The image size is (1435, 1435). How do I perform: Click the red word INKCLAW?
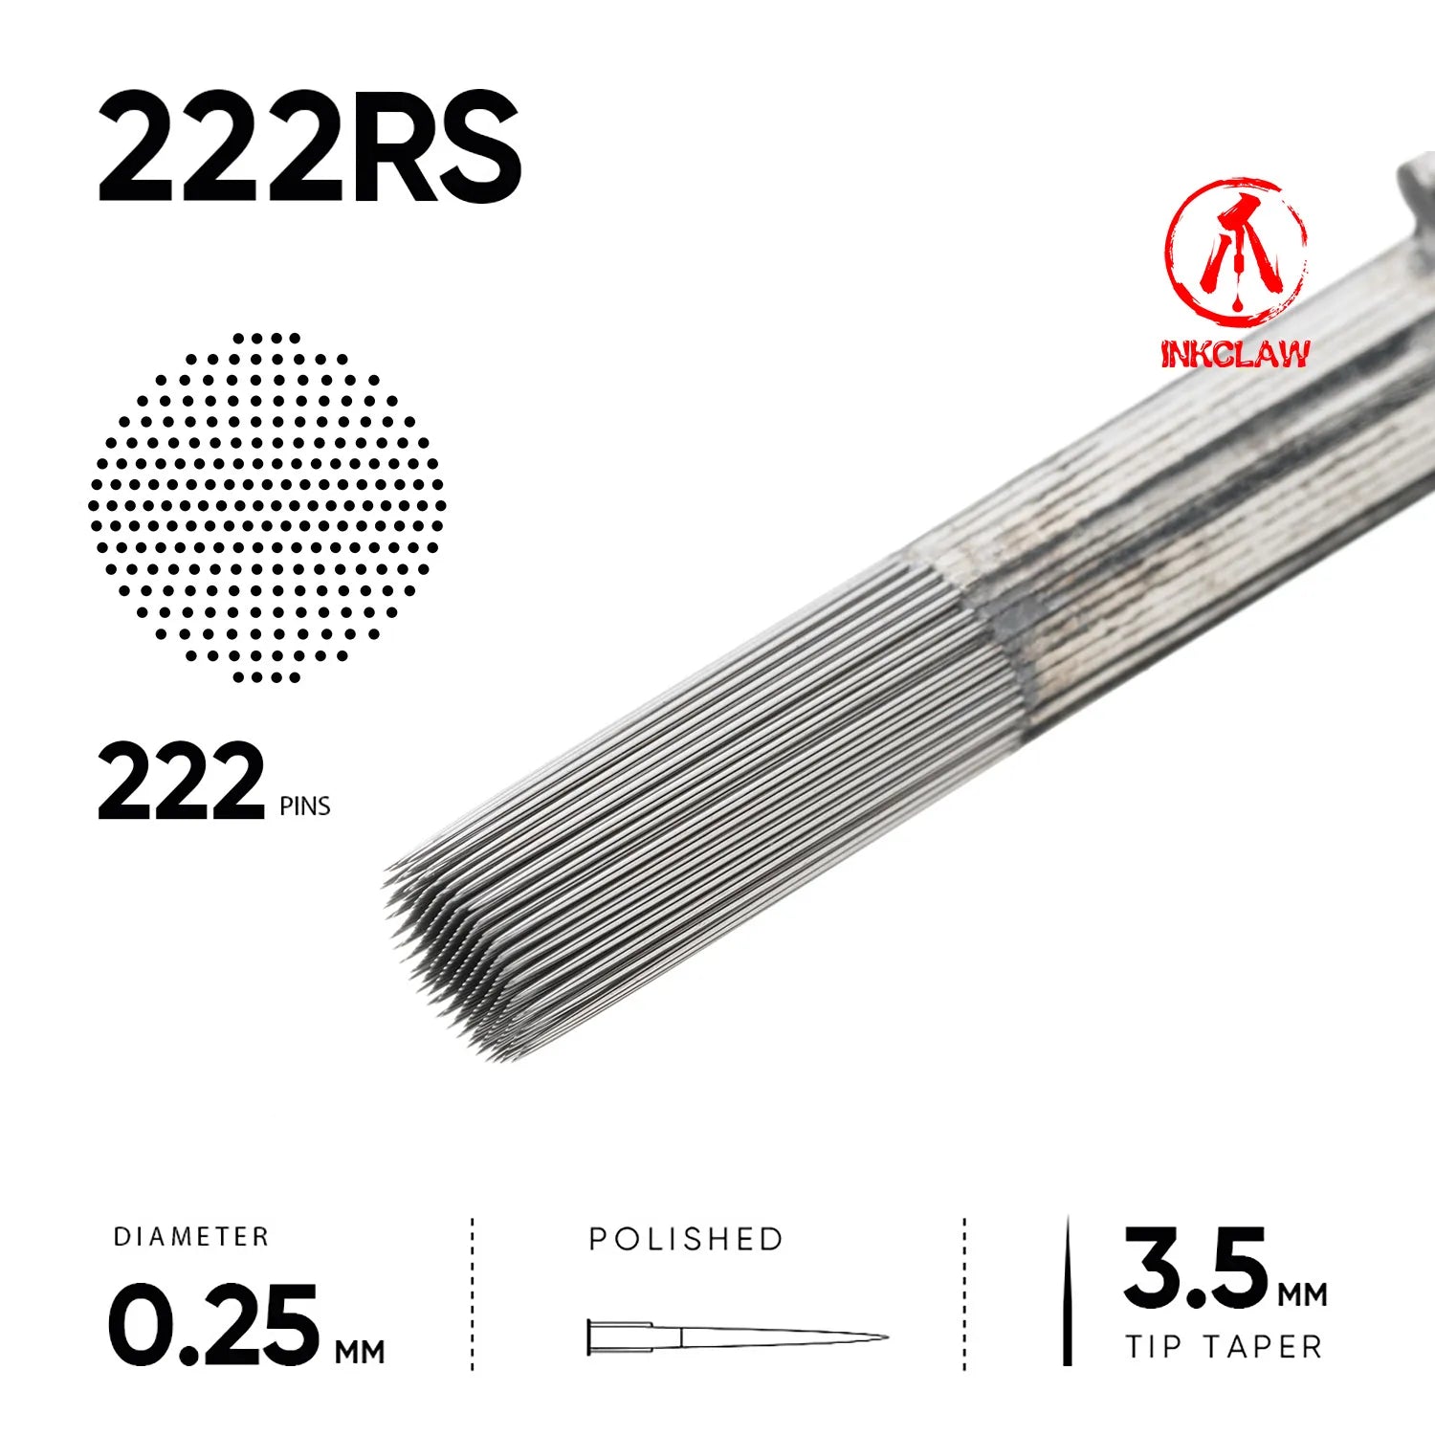point(1235,353)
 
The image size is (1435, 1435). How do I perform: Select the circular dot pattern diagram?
point(267,507)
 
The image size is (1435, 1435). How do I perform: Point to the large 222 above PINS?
point(181,783)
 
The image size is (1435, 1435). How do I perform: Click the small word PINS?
point(305,806)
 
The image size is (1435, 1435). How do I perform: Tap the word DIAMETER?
point(191,1237)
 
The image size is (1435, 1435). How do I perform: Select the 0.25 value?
point(212,1326)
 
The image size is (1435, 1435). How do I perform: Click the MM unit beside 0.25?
point(360,1352)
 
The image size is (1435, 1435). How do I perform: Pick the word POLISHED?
point(686,1239)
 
